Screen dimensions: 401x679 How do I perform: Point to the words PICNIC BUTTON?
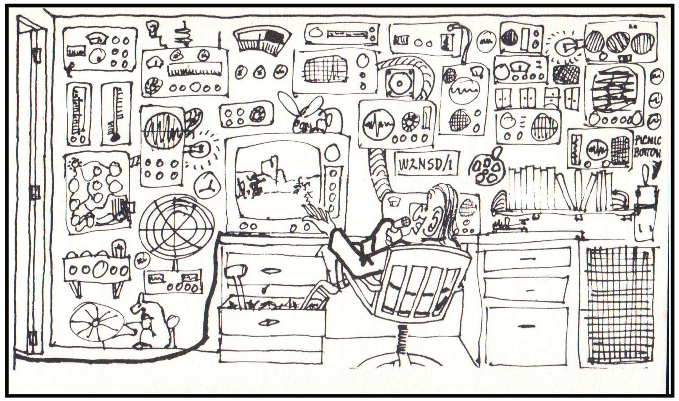647,147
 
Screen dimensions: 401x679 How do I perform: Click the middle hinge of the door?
35,192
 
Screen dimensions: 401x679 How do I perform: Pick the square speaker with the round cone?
400,82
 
